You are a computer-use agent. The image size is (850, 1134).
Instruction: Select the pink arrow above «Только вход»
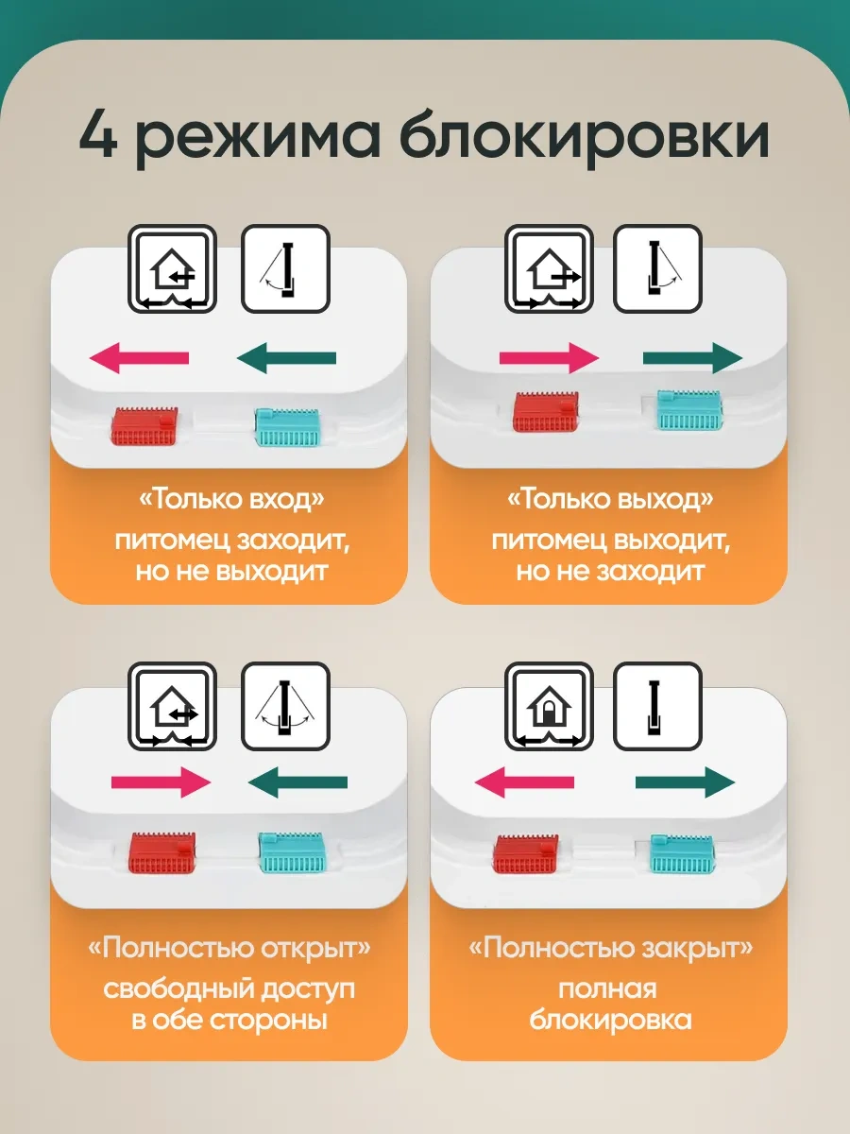140,357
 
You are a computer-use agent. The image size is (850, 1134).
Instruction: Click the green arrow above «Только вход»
286,357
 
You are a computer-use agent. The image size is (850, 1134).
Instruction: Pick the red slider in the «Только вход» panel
144,425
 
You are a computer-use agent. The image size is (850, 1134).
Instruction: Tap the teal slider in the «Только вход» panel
287,427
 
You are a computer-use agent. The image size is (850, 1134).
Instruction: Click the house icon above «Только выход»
549,268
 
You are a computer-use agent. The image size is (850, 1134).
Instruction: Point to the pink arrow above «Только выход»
549,357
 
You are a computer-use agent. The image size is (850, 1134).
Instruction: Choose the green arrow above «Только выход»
692,357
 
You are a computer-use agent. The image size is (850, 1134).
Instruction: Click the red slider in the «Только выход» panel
546,411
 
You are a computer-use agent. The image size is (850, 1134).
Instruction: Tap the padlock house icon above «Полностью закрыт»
549,706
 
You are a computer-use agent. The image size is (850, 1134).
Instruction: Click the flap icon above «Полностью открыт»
285,706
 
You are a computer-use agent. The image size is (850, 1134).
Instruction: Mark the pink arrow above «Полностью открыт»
161,782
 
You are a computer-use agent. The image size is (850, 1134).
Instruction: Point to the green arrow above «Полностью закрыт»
686,782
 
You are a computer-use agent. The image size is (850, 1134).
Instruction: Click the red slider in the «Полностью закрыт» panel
526,854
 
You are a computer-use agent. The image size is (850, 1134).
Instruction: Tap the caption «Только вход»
231,499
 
